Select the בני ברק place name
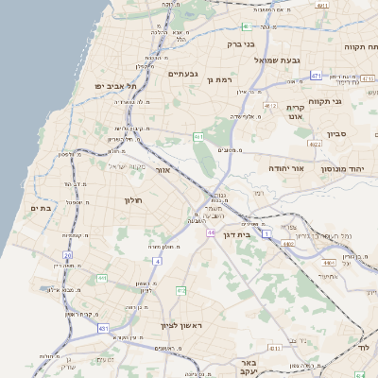[242, 43]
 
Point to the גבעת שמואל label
[276, 60]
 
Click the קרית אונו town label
[295, 112]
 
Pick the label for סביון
[338, 134]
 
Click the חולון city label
[131, 200]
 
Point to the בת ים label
[40, 207]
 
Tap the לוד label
[365, 348]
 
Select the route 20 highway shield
[67, 255]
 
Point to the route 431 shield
[102, 328]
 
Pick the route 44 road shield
[210, 232]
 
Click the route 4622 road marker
[314, 145]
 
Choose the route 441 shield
[101, 279]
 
